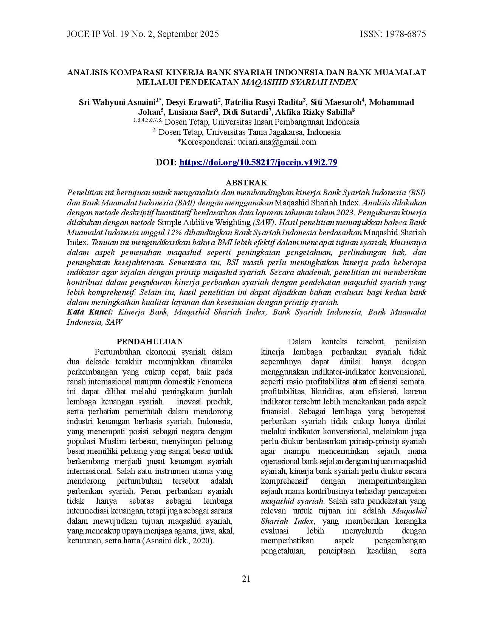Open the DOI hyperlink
point(258,162)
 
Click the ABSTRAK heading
point(246,183)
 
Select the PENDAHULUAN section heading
point(149,342)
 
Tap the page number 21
point(246,579)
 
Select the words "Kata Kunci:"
point(90,312)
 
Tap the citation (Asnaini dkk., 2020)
point(178,541)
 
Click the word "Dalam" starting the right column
point(300,342)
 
